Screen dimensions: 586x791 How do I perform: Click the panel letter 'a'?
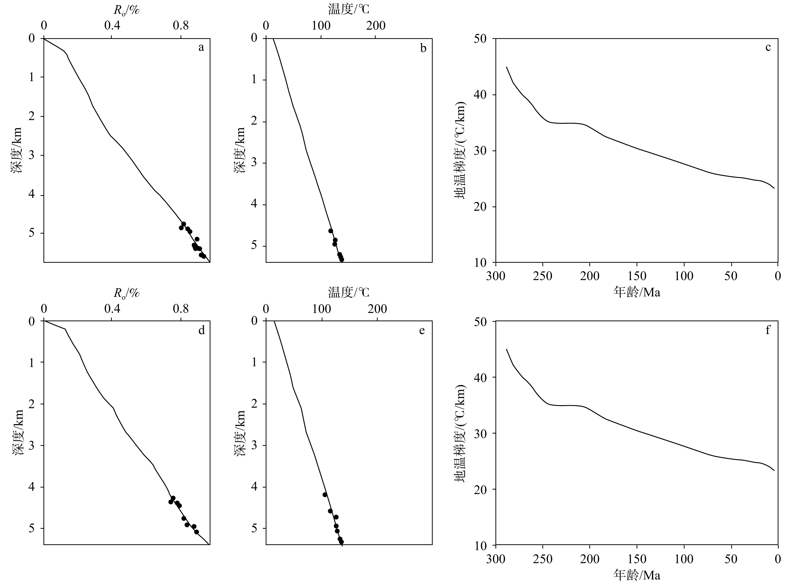click(201, 47)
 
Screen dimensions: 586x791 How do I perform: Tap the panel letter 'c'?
click(768, 47)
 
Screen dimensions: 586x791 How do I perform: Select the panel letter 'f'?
click(768, 330)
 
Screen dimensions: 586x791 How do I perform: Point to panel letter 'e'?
click(422, 331)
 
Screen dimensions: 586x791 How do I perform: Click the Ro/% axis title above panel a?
click(127, 10)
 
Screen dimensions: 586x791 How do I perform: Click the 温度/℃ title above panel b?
click(349, 9)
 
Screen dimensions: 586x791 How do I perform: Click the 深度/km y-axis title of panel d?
click(18, 433)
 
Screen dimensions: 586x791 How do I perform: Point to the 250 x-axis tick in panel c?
click(542, 276)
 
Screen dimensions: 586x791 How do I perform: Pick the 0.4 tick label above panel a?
click(112, 26)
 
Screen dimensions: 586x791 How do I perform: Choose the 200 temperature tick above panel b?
click(376, 26)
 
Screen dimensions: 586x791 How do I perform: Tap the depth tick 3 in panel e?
click(254, 446)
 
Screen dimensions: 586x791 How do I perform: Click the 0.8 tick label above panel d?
click(181, 309)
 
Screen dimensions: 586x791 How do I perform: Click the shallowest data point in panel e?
click(325, 495)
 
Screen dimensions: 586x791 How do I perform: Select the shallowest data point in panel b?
click(330, 231)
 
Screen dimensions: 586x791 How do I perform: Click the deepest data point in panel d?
click(196, 532)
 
